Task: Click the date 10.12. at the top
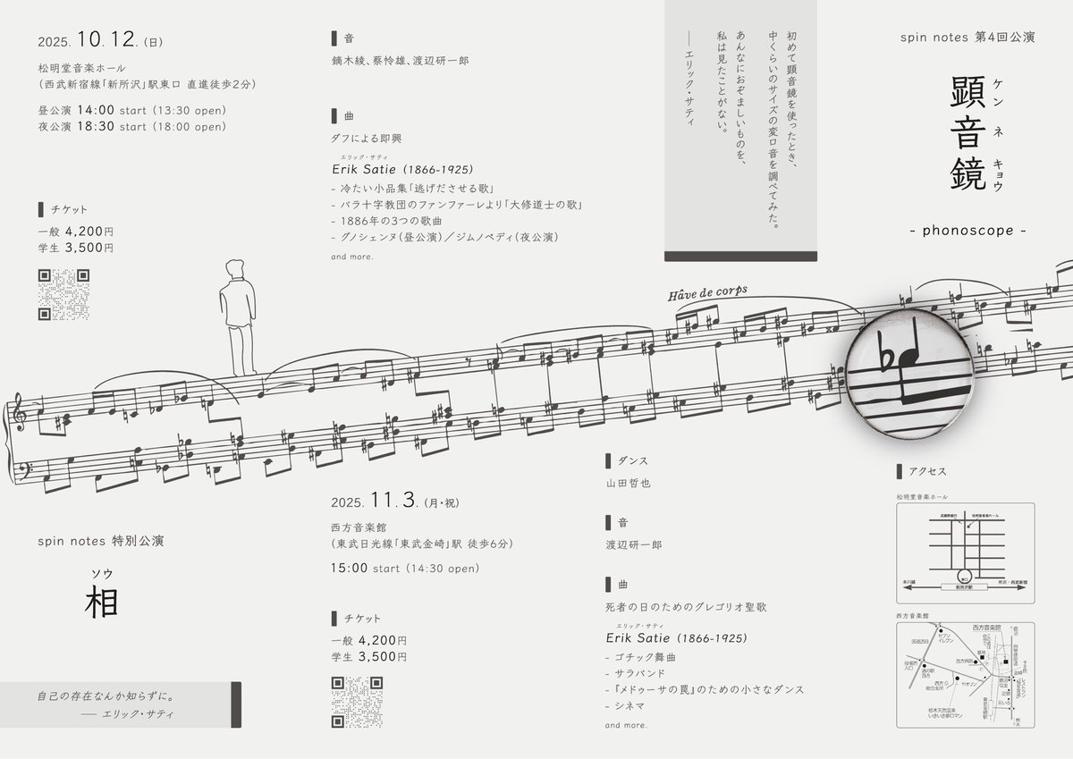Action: (106, 40)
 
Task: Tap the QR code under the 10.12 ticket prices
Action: (64, 294)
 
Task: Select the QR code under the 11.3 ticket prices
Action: (357, 702)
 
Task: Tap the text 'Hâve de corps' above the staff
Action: (706, 294)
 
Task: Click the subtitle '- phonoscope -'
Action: (967, 231)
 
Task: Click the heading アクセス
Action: (926, 472)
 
